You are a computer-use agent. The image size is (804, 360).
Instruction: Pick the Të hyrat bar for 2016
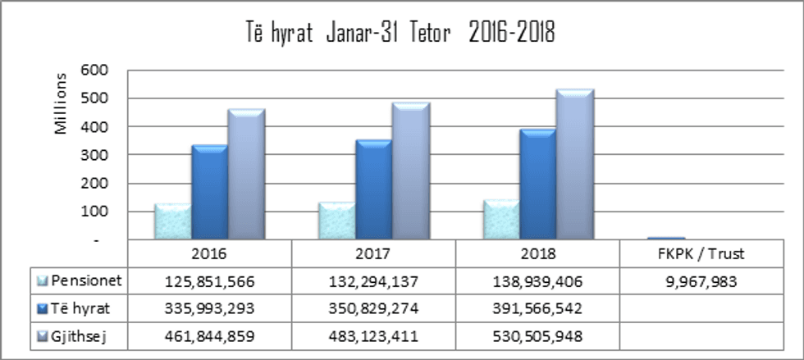coord(209,193)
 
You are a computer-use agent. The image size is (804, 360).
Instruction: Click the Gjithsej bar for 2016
coord(246,175)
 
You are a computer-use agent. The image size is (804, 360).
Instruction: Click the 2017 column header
coord(373,254)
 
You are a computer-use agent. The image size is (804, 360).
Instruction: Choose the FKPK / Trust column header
coord(701,254)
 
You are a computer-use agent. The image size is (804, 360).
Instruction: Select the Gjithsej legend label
coord(83,335)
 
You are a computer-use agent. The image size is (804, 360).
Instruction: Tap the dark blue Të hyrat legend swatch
coord(42,309)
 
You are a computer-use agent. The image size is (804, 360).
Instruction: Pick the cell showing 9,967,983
coord(701,282)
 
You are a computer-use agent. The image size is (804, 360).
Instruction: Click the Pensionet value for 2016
coord(209,282)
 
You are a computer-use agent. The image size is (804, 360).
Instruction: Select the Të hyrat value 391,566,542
coord(537,309)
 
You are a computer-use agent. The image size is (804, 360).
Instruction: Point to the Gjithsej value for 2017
coord(373,336)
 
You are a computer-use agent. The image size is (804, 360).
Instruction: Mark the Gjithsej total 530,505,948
coord(537,336)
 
